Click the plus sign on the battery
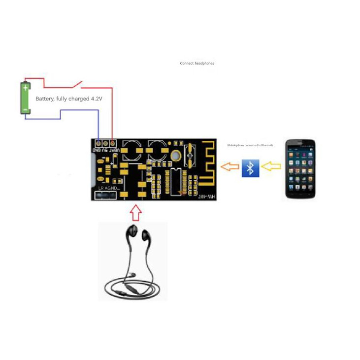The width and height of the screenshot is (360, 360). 26,88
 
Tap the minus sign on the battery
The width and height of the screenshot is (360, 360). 26,109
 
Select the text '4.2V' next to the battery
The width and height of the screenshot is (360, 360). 97,99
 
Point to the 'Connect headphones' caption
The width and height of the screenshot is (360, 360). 197,64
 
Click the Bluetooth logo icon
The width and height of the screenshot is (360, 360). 250,168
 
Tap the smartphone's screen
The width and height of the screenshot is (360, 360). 300,167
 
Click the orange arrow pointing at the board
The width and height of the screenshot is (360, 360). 230,167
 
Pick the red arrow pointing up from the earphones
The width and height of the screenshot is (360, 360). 135,212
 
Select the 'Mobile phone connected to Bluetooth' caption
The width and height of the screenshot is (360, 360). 250,145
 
